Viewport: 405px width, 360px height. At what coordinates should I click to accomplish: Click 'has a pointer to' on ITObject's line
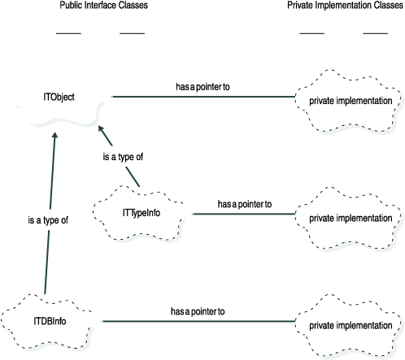[207, 85]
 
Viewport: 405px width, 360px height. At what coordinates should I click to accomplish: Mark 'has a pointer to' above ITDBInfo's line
[198, 310]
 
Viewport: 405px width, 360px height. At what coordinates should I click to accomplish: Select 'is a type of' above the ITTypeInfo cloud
[122, 157]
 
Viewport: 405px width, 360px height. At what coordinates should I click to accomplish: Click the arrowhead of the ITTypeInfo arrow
[101, 128]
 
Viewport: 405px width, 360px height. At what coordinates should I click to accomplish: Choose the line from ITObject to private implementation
[203, 97]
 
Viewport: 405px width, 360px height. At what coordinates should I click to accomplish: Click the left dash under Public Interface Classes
[68, 33]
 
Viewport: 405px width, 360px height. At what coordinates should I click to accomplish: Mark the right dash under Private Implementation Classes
[375, 33]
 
